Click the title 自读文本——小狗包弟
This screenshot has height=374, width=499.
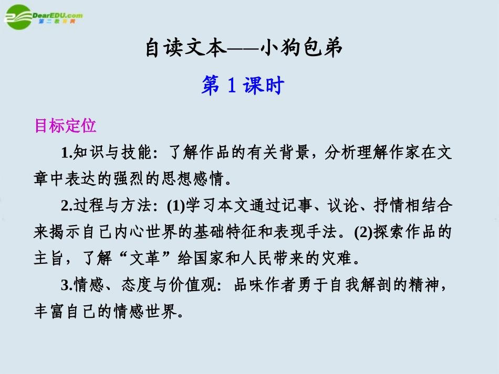click(244, 49)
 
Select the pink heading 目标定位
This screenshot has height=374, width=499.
click(65, 126)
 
